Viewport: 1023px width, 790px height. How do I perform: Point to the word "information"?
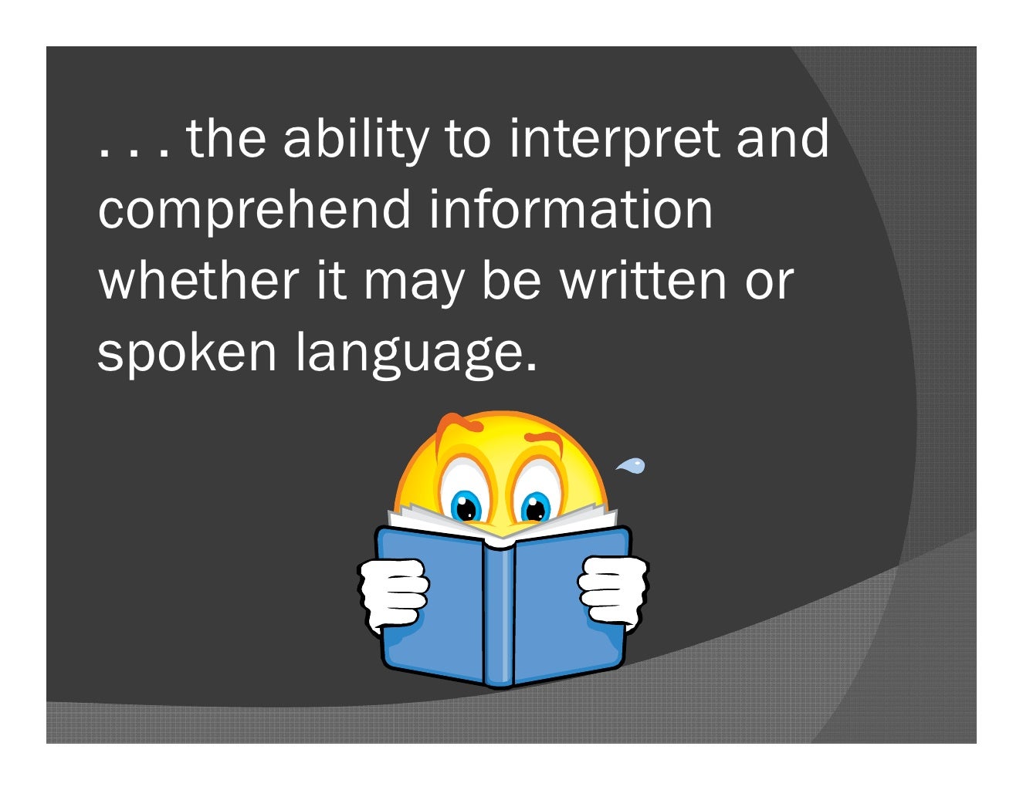[x=571, y=209]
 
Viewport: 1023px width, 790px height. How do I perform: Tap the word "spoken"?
[x=187, y=351]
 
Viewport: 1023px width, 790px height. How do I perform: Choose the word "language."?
[x=415, y=353]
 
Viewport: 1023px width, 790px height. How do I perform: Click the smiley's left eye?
[x=466, y=506]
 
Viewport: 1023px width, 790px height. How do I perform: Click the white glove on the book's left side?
[x=393, y=593]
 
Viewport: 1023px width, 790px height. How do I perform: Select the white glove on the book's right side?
[x=613, y=590]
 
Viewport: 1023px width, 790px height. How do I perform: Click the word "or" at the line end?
[x=768, y=281]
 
